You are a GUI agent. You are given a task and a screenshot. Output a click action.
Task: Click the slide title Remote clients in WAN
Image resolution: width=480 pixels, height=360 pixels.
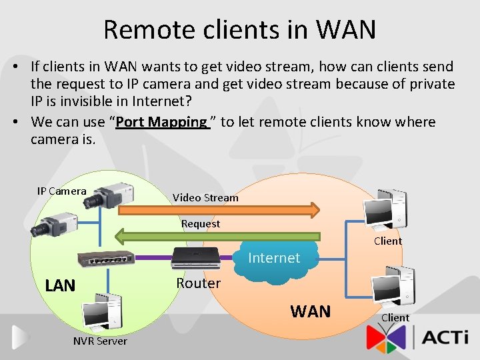point(240,29)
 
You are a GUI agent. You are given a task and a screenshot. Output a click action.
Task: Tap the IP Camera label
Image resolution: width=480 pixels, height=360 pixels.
point(61,191)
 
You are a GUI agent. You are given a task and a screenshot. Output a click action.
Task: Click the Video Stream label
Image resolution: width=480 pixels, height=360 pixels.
point(205,197)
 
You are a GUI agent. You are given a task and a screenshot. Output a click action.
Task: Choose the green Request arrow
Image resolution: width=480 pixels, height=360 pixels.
point(220,235)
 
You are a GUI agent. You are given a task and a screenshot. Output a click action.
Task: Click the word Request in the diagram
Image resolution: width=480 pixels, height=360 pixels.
point(201,223)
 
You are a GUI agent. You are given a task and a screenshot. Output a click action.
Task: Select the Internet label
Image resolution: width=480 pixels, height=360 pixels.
point(274,258)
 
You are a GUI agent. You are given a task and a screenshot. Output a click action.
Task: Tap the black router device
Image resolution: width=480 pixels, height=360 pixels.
point(194,257)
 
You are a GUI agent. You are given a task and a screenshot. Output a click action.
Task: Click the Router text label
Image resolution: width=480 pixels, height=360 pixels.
point(198,283)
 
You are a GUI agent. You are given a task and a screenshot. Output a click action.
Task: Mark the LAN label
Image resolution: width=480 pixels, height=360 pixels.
point(60,286)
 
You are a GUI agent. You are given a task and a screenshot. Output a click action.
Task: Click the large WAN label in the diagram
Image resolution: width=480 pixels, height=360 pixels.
point(310,311)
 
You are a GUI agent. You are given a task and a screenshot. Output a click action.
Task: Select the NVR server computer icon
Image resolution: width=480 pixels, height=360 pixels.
point(101,314)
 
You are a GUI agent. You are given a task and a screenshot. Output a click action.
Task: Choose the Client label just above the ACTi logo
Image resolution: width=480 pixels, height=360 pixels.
point(395,317)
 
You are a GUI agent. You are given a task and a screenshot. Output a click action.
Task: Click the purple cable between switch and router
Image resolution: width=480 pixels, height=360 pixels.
point(152,257)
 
